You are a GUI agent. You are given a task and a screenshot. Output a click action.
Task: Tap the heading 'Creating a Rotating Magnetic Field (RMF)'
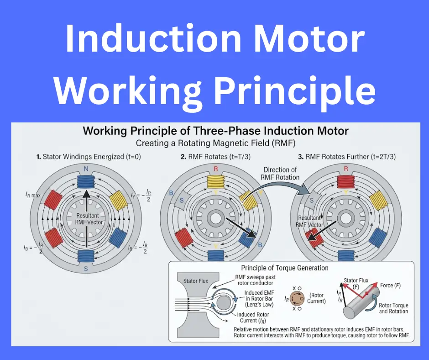click(x=215, y=143)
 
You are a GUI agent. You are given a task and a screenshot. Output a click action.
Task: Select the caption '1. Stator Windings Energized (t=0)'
click(x=89, y=157)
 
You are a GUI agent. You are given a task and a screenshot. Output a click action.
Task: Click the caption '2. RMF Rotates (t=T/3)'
click(x=215, y=157)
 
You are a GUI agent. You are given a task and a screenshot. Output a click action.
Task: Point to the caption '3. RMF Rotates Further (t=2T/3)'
click(x=347, y=157)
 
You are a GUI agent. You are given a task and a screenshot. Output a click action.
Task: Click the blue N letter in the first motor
click(x=86, y=169)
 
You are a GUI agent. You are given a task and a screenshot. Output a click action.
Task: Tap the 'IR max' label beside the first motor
click(x=33, y=195)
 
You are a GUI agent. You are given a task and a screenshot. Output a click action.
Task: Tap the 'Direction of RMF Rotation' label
click(x=280, y=174)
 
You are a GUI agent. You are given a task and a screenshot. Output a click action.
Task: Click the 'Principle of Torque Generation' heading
click(x=284, y=268)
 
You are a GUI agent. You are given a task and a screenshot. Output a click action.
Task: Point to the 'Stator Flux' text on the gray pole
click(x=196, y=281)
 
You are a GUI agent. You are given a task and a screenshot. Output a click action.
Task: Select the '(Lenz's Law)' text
click(x=259, y=304)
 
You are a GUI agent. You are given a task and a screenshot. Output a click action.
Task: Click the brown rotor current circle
click(x=297, y=298)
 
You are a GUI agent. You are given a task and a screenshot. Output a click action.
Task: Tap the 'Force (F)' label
click(x=390, y=286)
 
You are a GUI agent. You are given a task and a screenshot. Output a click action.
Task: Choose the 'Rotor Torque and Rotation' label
click(x=393, y=308)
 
